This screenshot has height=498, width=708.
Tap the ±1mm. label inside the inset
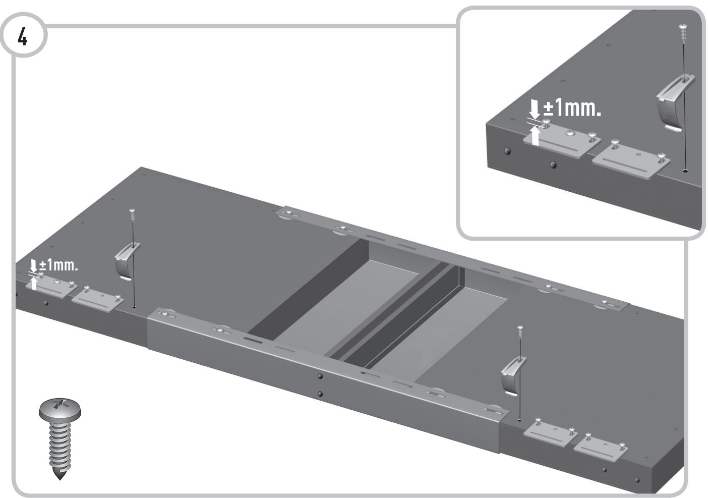coord(572,107)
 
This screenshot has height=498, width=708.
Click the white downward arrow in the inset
coord(535,108)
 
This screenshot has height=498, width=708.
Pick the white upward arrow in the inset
coord(535,135)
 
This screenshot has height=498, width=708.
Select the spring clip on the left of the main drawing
coord(126,260)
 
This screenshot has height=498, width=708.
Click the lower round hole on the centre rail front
coord(320,394)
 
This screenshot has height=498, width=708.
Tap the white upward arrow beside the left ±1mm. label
coord(34,284)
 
